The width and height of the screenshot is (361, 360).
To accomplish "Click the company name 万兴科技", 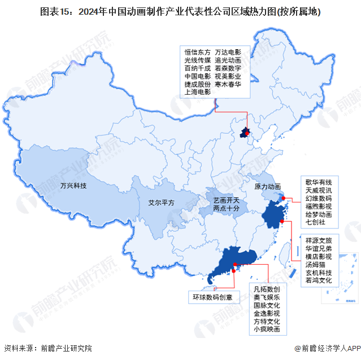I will point(73,185).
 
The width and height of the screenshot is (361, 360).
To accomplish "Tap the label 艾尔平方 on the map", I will point(161,202).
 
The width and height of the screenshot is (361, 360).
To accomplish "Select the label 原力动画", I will point(268,187).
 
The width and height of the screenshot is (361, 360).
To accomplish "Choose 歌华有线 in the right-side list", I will point(319,182).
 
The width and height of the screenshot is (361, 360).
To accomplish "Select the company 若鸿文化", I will point(319,280).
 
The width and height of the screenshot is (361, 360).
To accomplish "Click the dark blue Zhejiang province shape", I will point(274,217).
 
